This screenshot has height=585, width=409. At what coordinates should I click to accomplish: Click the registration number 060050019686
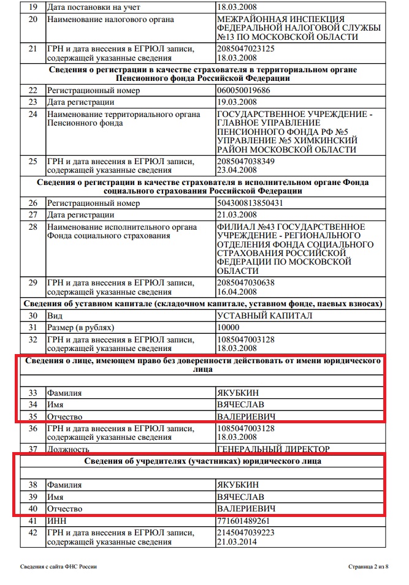point(243,90)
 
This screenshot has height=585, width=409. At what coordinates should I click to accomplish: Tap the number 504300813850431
point(250,203)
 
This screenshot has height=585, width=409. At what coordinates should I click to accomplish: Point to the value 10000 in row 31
point(229,327)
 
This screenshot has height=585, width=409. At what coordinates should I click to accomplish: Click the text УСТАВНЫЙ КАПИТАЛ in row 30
point(264,315)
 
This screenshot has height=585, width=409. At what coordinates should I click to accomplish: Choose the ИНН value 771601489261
point(244,521)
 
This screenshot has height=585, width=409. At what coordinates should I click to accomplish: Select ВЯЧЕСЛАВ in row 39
point(240,496)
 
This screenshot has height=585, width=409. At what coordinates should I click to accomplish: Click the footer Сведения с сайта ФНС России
point(58,567)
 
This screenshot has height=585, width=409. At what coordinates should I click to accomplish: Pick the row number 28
point(33,227)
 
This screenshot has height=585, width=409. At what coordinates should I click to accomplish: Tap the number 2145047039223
point(245,532)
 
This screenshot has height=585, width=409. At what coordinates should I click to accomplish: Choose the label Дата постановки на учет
point(94,7)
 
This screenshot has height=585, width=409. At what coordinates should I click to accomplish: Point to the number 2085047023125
point(245,48)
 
